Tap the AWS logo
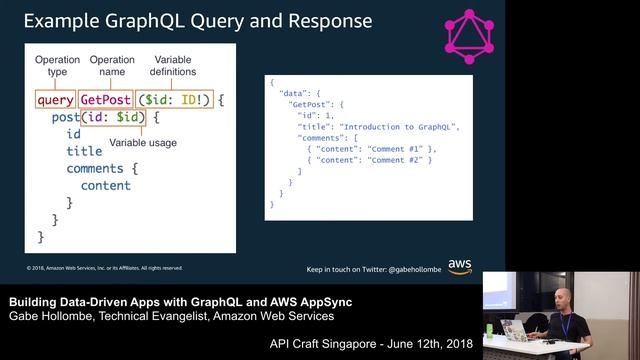(460, 266)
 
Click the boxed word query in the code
(54, 100)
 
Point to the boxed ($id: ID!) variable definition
(173, 100)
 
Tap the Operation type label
(57, 66)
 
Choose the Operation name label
(111, 66)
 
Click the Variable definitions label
(172, 66)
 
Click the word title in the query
(84, 151)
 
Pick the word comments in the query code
(94, 168)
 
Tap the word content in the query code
(105, 185)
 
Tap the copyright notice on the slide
(104, 268)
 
